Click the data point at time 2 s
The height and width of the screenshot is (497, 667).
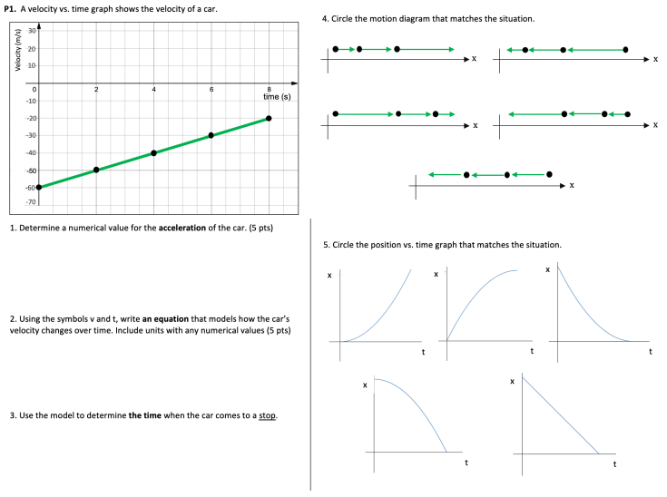(96, 170)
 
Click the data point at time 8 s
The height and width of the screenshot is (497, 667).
(269, 118)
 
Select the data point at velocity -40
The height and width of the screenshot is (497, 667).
(153, 152)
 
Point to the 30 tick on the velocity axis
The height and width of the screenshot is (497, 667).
(32, 32)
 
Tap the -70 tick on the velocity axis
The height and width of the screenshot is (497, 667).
(31, 201)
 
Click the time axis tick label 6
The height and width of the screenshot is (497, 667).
(211, 89)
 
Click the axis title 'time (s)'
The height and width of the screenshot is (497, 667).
(277, 96)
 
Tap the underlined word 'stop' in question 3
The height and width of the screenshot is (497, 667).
(267, 415)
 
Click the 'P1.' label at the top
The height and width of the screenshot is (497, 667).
(10, 8)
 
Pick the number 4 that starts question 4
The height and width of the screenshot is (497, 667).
(325, 18)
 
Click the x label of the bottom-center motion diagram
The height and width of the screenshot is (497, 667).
(572, 185)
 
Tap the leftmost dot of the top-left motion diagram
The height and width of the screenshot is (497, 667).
(336, 49)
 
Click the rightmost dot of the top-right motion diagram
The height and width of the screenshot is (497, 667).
(625, 49)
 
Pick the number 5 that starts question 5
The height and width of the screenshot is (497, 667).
(325, 245)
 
